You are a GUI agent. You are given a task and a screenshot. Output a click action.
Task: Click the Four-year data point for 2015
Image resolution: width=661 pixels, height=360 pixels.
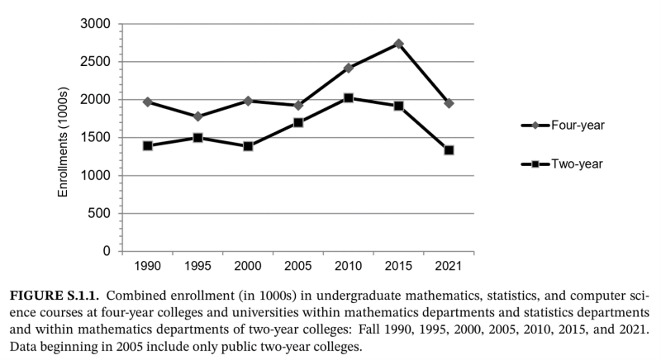click(398, 44)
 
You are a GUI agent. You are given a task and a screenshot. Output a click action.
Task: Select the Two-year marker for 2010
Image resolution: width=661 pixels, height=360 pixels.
click(349, 98)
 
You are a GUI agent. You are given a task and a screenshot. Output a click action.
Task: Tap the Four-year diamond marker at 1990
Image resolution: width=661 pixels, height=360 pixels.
click(148, 102)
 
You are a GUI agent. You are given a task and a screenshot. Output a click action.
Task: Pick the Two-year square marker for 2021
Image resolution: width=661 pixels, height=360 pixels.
click(449, 150)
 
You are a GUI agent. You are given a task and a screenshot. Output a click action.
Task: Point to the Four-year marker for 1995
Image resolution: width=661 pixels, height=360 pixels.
click(198, 116)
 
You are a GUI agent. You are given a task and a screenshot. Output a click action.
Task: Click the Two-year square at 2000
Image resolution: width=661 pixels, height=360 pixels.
click(248, 146)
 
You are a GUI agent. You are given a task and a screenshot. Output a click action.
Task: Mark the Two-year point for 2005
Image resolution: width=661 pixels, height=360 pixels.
click(298, 122)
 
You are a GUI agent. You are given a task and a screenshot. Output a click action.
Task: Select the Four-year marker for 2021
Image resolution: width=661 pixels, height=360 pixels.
click(449, 103)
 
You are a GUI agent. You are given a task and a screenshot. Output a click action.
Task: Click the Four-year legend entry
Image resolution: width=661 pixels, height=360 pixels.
click(562, 126)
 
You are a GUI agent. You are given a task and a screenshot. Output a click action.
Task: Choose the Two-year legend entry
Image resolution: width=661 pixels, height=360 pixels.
click(562, 164)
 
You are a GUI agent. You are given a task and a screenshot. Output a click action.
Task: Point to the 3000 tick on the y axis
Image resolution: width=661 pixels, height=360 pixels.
click(97, 25)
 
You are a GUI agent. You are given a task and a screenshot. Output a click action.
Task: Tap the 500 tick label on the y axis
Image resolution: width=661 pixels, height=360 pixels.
click(101, 214)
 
